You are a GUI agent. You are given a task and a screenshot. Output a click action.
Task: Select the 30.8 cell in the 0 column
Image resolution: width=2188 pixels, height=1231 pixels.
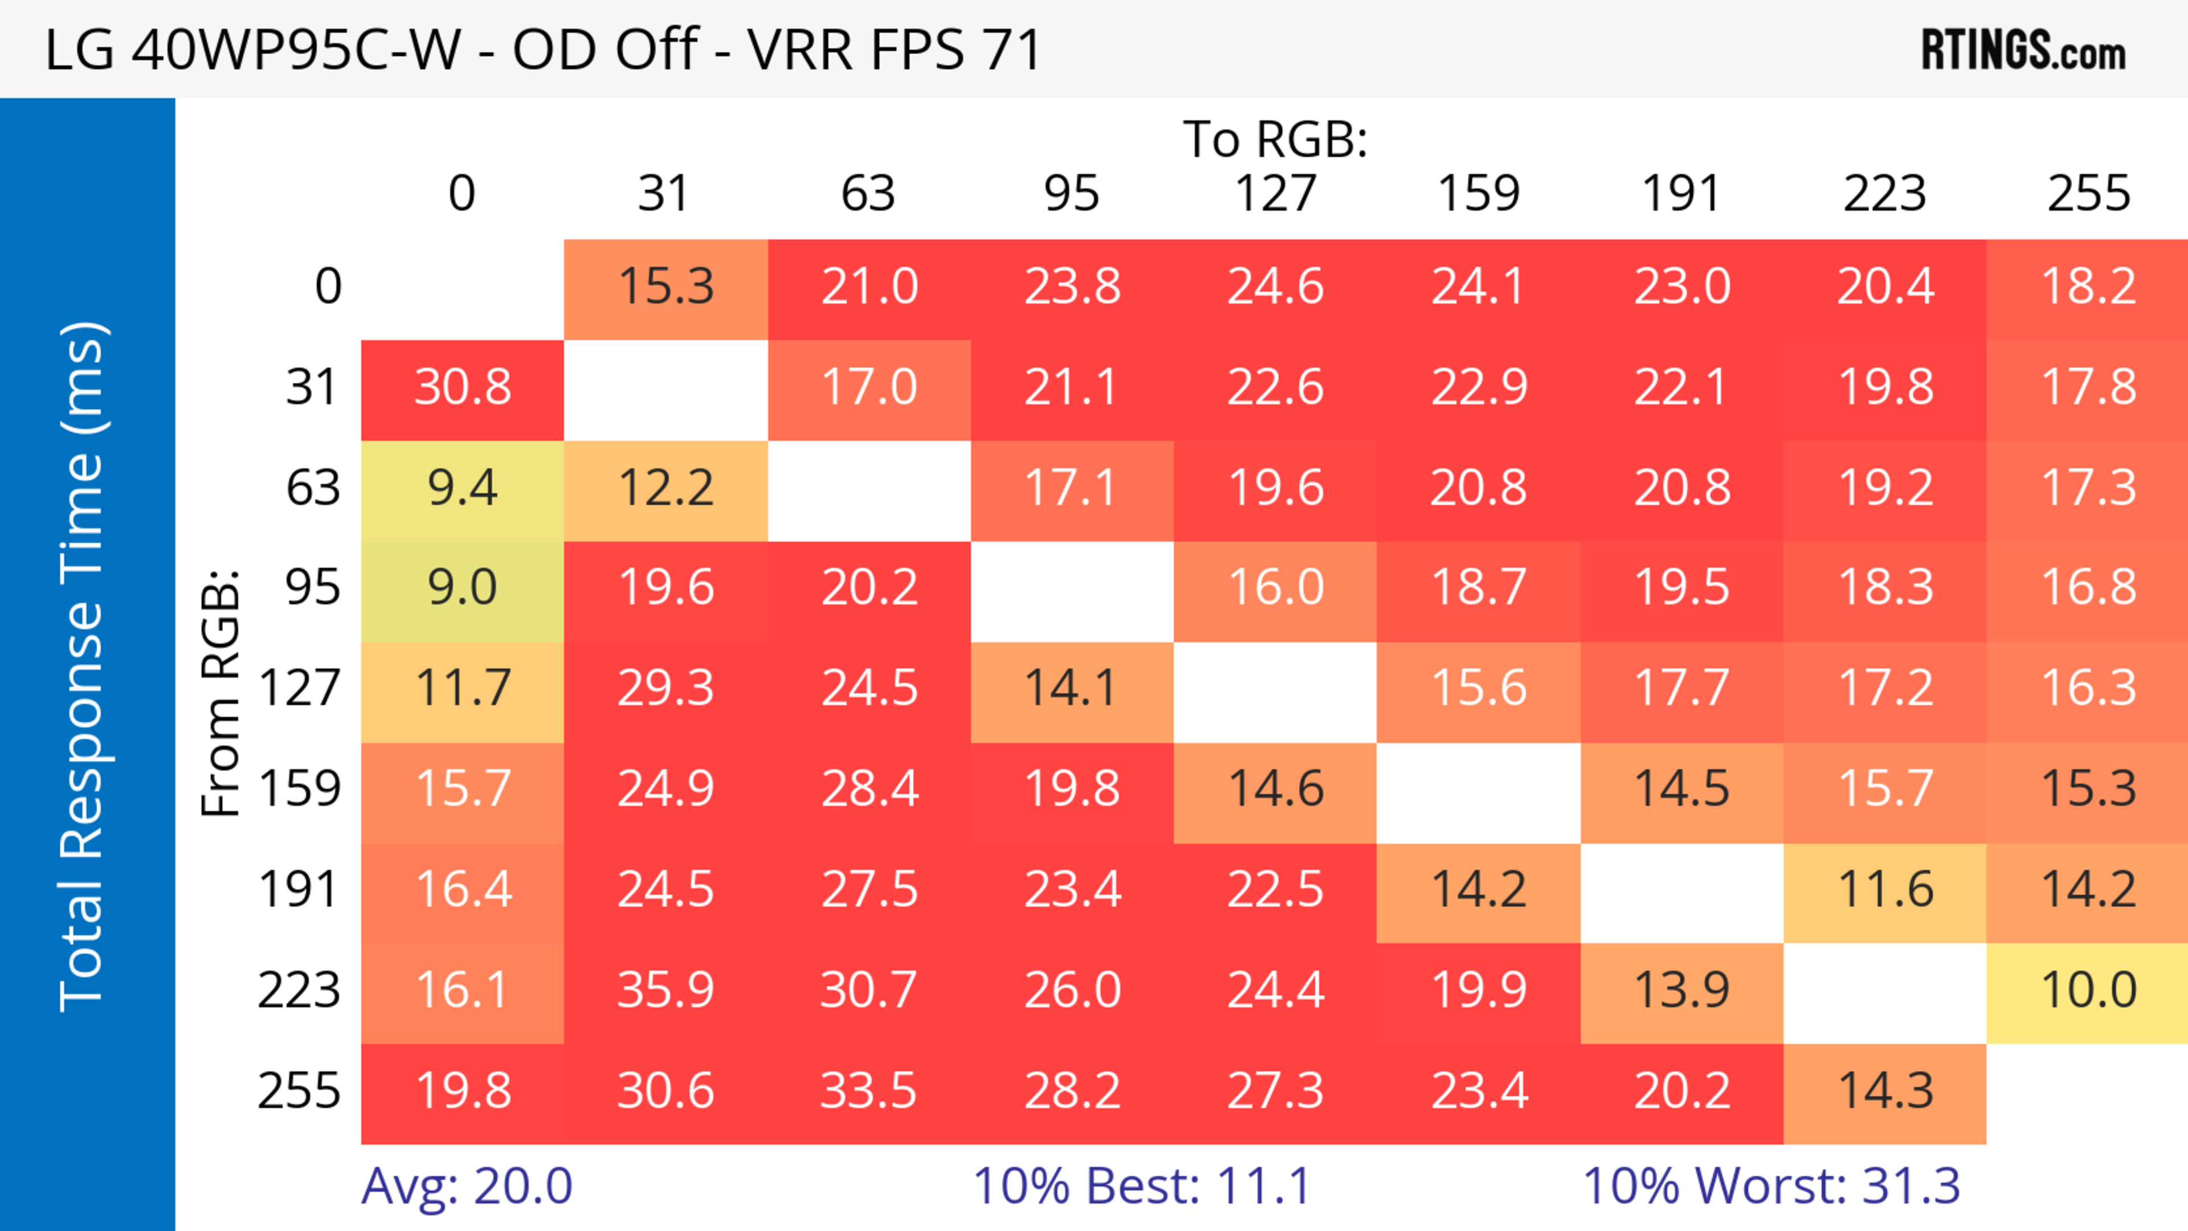[463, 387]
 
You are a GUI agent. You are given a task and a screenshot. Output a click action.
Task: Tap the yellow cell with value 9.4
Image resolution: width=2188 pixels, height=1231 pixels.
[463, 488]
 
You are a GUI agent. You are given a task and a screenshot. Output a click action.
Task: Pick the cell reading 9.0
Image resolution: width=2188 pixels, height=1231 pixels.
[463, 587]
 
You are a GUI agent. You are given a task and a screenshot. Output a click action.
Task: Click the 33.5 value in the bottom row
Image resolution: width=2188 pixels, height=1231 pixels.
[868, 1091]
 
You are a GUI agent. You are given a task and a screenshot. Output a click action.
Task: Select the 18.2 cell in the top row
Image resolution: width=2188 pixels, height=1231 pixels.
[2088, 286]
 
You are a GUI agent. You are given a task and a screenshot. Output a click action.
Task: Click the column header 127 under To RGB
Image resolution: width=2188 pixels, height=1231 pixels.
[1275, 194]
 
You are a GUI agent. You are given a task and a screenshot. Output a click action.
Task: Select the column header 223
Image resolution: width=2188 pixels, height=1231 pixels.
[1885, 194]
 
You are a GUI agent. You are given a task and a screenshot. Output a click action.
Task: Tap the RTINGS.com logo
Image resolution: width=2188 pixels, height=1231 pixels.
[2023, 51]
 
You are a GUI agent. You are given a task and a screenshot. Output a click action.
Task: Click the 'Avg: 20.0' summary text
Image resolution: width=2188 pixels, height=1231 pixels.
[466, 1186]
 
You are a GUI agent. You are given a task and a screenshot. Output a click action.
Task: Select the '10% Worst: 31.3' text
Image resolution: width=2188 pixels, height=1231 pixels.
[1771, 1186]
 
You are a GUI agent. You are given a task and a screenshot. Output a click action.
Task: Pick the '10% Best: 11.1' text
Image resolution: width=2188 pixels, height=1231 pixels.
[1141, 1186]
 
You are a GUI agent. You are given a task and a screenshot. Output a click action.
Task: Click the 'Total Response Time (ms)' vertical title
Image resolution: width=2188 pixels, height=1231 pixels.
[83, 666]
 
